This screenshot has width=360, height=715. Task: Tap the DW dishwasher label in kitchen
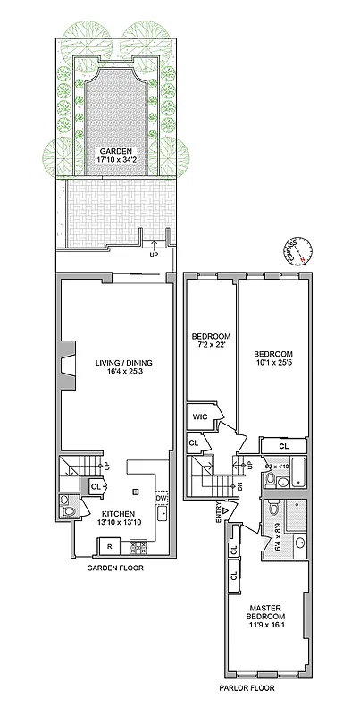(x=160, y=497)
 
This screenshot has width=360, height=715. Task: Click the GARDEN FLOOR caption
(x=115, y=568)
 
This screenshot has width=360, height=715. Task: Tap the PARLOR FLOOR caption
(x=248, y=688)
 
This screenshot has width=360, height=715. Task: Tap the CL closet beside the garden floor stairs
(x=96, y=486)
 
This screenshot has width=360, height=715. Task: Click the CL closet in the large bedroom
(x=283, y=445)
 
